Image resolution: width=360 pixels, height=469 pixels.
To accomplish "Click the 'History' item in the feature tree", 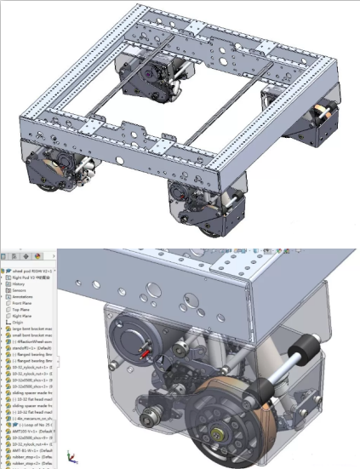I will pyautogui.click(x=20, y=283).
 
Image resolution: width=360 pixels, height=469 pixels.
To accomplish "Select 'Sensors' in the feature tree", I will pyautogui.click(x=20, y=289).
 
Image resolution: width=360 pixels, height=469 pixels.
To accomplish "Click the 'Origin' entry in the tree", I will pyautogui.click(x=19, y=323).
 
